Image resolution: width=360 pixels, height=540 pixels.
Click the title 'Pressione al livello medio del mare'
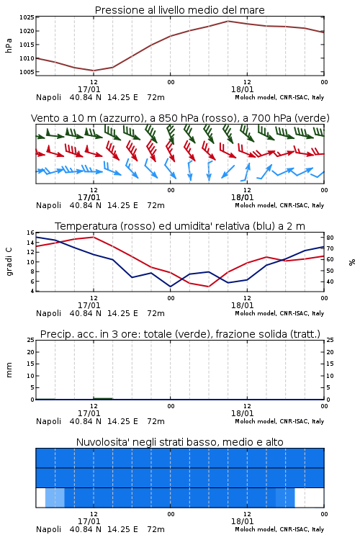[x=179, y=10]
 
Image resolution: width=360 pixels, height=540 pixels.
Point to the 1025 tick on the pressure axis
[x=27, y=17]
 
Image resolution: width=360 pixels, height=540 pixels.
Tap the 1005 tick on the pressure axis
[x=27, y=72]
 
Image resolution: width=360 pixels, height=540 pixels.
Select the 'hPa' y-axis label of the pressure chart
[x=9, y=45]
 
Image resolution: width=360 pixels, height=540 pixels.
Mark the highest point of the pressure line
[x=228, y=21]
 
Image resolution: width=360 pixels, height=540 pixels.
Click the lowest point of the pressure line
[x=94, y=71]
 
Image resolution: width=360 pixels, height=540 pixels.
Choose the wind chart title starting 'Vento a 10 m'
[x=180, y=118]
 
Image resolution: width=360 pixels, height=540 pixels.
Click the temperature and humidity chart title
[x=180, y=226]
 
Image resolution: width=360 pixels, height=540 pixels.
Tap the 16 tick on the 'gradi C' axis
[x=31, y=233]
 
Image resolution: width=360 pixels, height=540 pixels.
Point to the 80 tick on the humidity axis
[x=330, y=238]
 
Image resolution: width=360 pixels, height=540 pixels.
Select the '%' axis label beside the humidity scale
[x=352, y=262]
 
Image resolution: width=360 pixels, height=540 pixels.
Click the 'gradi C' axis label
[x=9, y=261]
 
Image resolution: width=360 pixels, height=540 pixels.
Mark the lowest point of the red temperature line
[x=208, y=287]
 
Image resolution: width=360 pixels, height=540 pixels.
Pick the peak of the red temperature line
[x=94, y=237]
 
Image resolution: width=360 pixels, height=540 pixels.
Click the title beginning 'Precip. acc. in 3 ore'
[x=180, y=334]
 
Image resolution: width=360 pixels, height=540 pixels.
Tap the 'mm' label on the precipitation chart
[x=9, y=369]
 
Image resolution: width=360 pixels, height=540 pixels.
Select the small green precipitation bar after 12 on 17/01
[x=103, y=398]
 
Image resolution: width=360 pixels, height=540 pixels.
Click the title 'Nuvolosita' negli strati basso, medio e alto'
[x=180, y=442]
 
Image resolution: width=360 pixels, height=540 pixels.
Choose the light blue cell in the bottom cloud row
[x=55, y=498]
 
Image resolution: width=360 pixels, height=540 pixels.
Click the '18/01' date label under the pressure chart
[x=242, y=89]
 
